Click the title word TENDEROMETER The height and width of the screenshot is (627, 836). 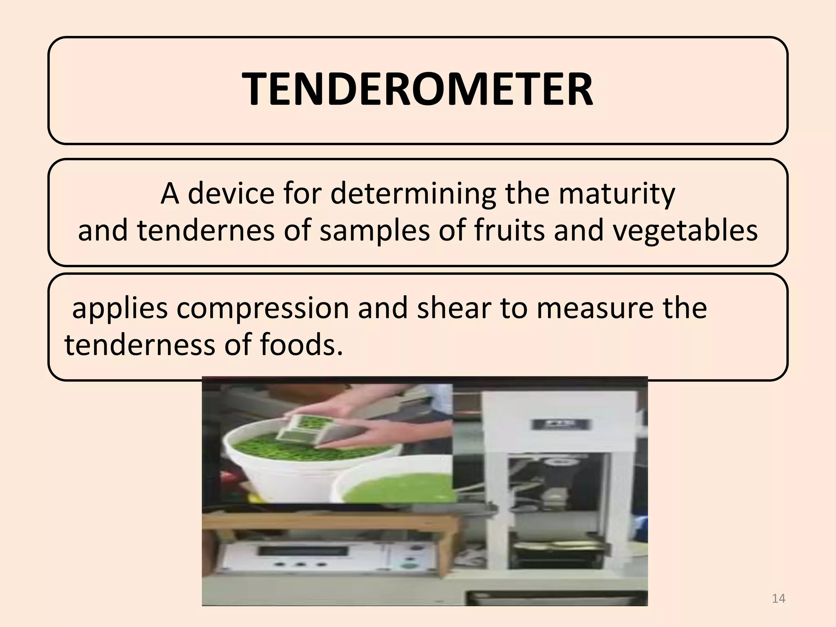tap(417, 89)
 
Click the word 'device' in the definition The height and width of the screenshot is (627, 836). tap(231, 193)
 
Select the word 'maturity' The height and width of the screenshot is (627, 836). tap(617, 194)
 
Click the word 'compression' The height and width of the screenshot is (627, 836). tap(262, 309)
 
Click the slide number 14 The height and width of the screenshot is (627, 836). tap(778, 598)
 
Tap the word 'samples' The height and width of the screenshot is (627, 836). tap(374, 230)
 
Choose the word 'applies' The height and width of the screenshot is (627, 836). tap(120, 309)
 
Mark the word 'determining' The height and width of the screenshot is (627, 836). tap(413, 194)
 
